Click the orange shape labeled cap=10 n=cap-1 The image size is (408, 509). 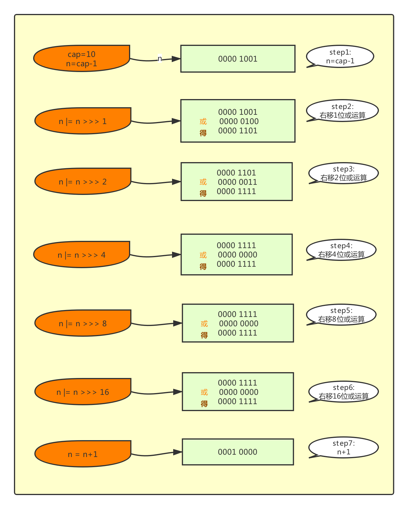pyautogui.click(x=82, y=58)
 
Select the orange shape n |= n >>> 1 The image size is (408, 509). pyautogui.click(x=83, y=121)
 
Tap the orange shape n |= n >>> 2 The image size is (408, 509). pyautogui.click(x=83, y=182)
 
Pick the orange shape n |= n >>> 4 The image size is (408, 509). pyautogui.click(x=82, y=255)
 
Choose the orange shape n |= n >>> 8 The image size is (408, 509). pyautogui.click(x=83, y=323)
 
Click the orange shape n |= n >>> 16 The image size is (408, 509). pyautogui.click(x=83, y=392)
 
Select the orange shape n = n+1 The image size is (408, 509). pyautogui.click(x=83, y=454)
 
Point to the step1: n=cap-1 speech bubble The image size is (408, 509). pyautogui.click(x=340, y=57)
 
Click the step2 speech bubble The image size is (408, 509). pyautogui.click(x=343, y=111)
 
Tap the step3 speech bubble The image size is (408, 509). pyautogui.click(x=344, y=173)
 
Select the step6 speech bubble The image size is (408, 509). pyautogui.click(x=344, y=392)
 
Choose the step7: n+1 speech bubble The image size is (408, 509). pyautogui.click(x=344, y=448)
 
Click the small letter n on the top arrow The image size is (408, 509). pyautogui.click(x=160, y=59)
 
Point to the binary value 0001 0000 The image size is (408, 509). pyautogui.click(x=237, y=452)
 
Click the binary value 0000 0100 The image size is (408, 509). pyautogui.click(x=239, y=121)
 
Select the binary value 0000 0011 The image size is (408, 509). pyautogui.click(x=237, y=182)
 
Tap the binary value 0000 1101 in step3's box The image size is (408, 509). pyautogui.click(x=236, y=173)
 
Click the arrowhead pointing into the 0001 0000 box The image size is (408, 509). pyautogui.click(x=177, y=452)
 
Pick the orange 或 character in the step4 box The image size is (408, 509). pyautogui.click(x=203, y=255)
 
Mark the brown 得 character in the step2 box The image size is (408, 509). pyautogui.click(x=203, y=133)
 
